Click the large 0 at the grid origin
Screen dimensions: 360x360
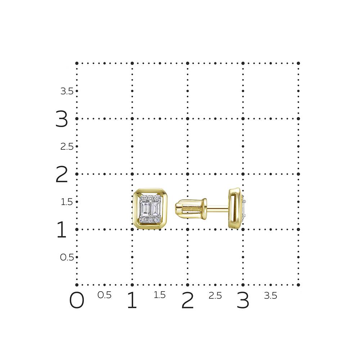click(x=77, y=300)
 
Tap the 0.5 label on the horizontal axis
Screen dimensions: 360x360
click(x=104, y=295)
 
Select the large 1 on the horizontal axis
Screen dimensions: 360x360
click(x=132, y=300)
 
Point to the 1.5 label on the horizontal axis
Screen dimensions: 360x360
click(x=159, y=295)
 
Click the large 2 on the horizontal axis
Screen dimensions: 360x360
click(x=188, y=300)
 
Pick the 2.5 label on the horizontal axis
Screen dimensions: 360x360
click(x=215, y=296)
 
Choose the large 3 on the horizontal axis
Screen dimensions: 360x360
click(x=243, y=300)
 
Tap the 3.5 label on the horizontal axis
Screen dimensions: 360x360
click(x=270, y=296)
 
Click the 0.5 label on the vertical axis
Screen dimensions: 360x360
click(x=67, y=257)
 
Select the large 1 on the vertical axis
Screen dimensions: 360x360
click(x=62, y=229)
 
